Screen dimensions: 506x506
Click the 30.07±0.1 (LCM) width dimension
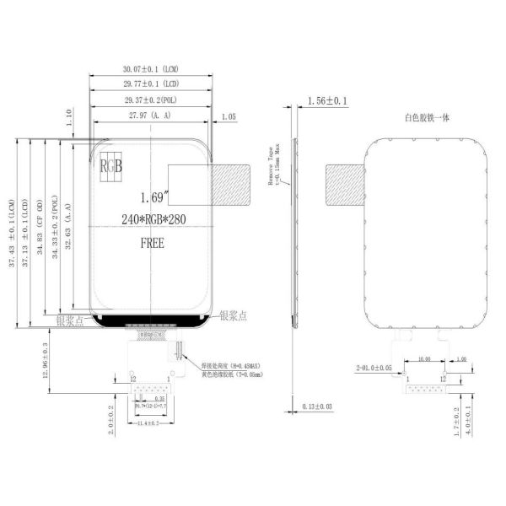tap(151, 69)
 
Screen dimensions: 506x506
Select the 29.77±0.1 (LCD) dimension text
tap(151, 84)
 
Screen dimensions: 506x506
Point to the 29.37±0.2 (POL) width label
tap(151, 100)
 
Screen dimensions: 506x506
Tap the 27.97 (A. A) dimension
tap(150, 115)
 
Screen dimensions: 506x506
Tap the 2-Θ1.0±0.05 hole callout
tap(374, 368)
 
